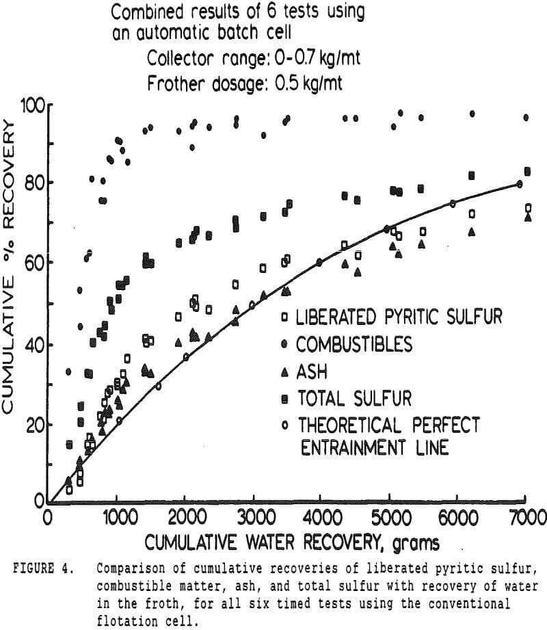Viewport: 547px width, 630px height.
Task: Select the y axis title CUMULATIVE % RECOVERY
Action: click(11, 267)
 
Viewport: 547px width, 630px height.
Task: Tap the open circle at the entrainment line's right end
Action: click(520, 184)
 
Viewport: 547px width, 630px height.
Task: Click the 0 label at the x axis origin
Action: click(47, 515)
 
